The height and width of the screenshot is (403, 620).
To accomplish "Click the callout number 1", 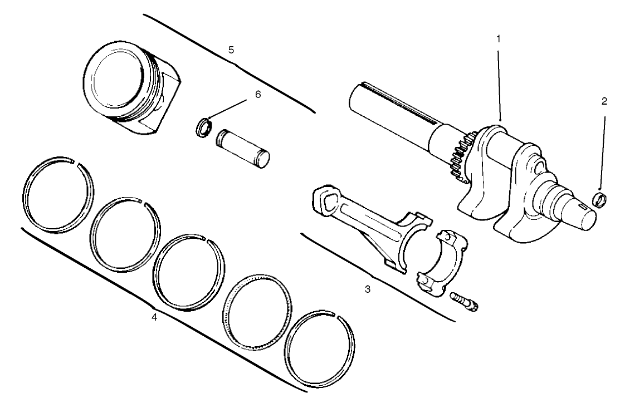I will click(x=499, y=39).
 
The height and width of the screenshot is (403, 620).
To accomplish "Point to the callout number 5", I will click(x=231, y=50).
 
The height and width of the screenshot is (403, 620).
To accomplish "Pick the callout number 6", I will click(x=257, y=95).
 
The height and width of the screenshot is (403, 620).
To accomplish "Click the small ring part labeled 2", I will click(x=599, y=198).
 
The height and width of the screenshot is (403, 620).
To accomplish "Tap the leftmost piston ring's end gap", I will click(x=75, y=163).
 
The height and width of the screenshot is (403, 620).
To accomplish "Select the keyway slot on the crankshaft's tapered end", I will click(x=583, y=207).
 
